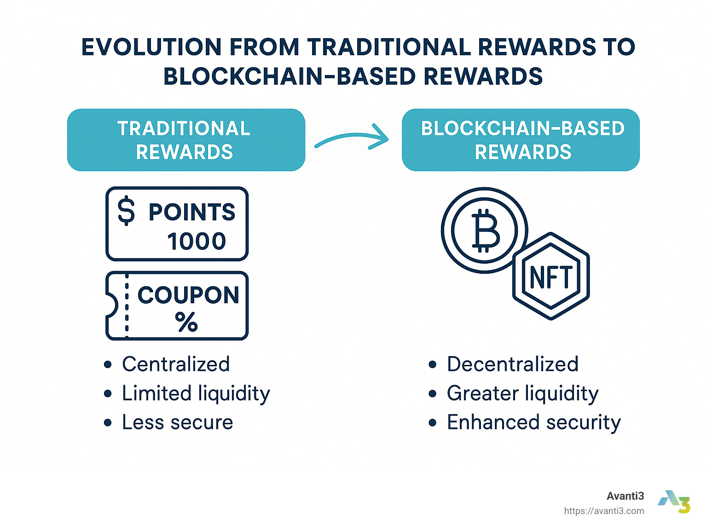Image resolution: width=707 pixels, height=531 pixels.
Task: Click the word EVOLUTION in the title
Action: click(151, 47)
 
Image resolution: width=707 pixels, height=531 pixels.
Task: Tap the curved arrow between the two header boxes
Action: click(351, 136)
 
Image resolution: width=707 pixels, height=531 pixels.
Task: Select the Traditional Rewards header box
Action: click(186, 140)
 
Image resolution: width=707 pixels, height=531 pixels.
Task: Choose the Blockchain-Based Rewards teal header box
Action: click(521, 140)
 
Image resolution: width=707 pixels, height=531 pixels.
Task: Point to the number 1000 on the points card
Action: click(197, 241)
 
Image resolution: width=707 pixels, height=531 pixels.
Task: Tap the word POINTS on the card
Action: click(192, 212)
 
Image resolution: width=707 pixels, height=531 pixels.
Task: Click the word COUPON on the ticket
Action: click(188, 295)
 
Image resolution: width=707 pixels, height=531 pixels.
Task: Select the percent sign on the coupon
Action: click(186, 322)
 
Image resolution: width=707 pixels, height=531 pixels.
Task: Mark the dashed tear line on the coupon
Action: click(127, 306)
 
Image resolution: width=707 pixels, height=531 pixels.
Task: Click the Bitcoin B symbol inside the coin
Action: click(486, 230)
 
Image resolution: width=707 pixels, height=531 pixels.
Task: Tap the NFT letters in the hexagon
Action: click(551, 277)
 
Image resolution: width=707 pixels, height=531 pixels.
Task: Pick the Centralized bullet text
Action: click(176, 364)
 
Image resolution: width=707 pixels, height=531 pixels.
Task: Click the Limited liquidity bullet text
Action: click(196, 393)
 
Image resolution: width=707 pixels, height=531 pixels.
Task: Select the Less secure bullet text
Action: click(178, 422)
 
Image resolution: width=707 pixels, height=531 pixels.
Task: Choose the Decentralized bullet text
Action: click(513, 364)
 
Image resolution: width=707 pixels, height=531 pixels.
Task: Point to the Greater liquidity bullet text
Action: click(523, 393)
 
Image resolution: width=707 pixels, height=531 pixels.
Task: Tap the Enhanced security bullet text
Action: click(534, 422)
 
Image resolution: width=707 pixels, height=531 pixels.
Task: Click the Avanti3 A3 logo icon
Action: click(674, 502)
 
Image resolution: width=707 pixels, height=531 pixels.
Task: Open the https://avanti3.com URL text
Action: click(604, 511)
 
